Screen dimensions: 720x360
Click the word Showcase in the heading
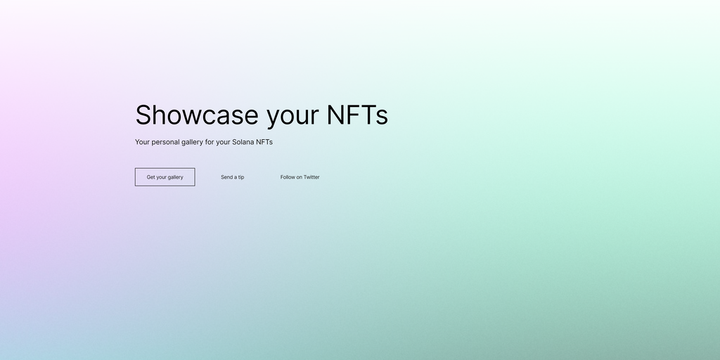tap(197, 115)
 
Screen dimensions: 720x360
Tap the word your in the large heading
tap(292, 117)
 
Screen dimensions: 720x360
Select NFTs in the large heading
tap(357, 115)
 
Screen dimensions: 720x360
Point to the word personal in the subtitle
tap(165, 142)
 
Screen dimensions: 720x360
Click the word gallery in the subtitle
tap(192, 142)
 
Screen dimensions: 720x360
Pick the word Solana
tap(243, 142)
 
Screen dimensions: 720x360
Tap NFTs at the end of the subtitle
tap(264, 142)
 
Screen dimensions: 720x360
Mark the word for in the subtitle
tap(210, 142)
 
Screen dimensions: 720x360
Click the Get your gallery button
tap(165, 176)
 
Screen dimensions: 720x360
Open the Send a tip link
tap(232, 177)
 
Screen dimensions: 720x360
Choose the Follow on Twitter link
tap(300, 177)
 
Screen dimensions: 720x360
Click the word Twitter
tap(311, 177)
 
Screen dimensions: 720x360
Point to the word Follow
tap(288, 177)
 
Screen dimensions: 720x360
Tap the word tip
tap(241, 177)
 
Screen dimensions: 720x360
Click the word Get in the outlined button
tap(151, 177)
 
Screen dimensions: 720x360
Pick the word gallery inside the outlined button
tap(175, 178)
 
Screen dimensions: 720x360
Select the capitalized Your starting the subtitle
tap(142, 142)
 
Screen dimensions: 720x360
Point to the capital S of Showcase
tap(143, 115)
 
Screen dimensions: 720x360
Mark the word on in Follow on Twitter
tap(300, 177)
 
